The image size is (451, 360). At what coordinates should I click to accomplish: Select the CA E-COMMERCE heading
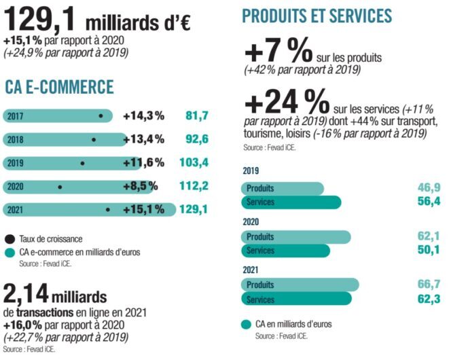(59, 87)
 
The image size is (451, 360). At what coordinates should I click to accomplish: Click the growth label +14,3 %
(143, 116)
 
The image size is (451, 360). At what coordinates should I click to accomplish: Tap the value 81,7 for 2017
(196, 116)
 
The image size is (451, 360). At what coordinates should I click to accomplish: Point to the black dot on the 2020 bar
(60, 186)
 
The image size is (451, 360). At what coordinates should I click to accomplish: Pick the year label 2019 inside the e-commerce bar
(16, 163)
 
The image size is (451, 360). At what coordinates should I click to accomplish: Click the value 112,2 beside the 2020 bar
(194, 186)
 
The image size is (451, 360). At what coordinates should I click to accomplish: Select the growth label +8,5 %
(141, 186)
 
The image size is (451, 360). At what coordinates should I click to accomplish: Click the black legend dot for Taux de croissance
(10, 238)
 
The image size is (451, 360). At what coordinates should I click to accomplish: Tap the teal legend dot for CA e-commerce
(10, 252)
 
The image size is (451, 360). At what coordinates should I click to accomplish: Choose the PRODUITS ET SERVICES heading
(317, 16)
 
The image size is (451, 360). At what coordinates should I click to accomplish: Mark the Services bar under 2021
(296, 300)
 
